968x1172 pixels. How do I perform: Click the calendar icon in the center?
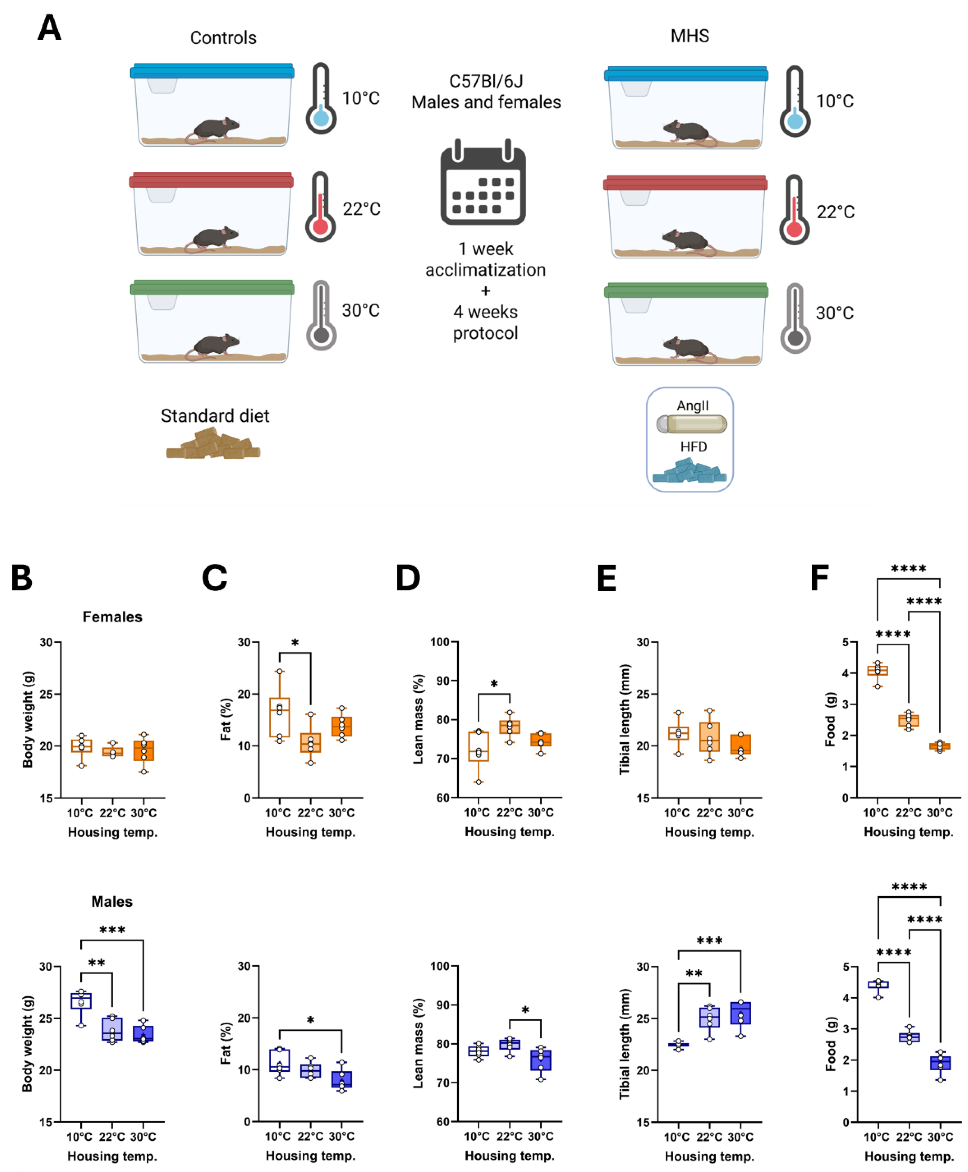click(483, 184)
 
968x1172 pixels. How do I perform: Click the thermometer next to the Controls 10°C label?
click(321, 99)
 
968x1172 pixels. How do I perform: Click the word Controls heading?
click(223, 38)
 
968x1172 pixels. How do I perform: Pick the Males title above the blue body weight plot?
click(112, 902)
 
